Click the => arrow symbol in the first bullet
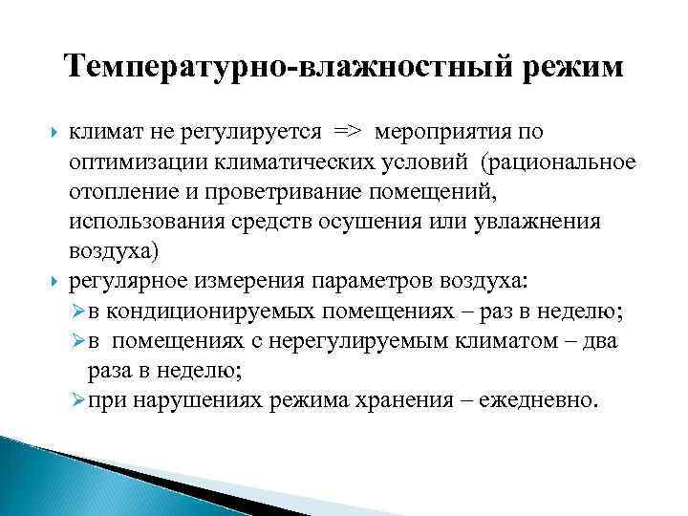click(345, 132)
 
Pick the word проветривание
click(286, 194)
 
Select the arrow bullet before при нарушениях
click(77, 400)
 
